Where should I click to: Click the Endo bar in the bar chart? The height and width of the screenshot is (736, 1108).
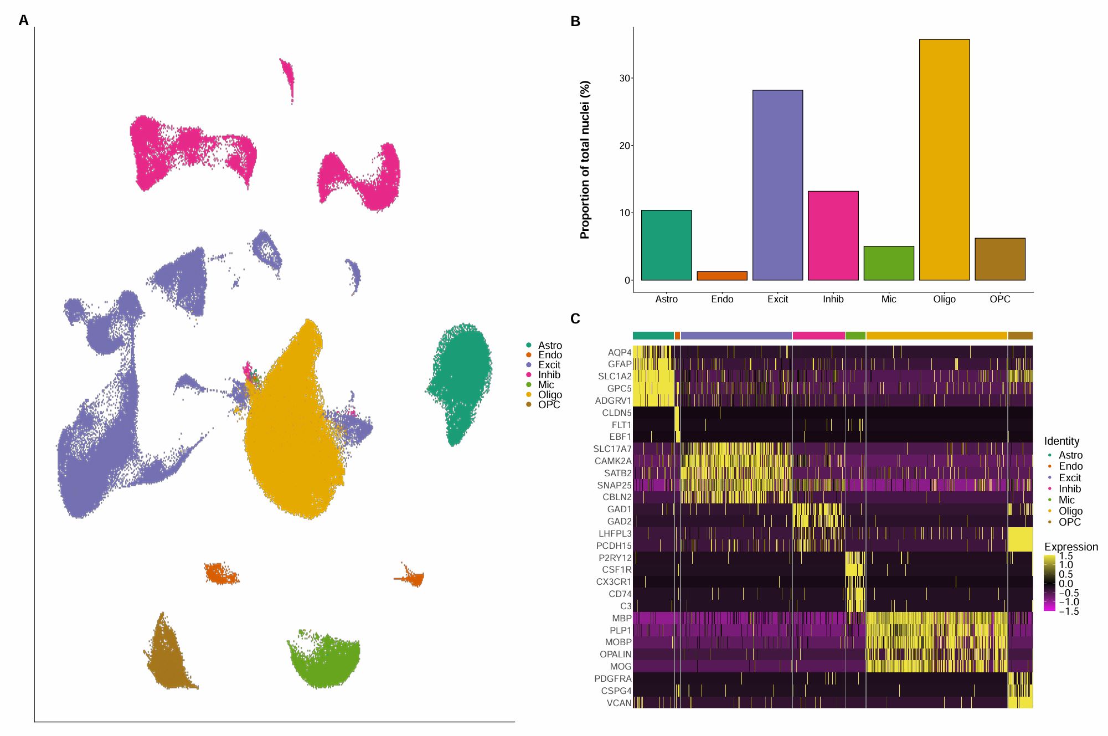[722, 276]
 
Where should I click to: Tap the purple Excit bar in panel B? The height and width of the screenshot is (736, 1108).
[777, 185]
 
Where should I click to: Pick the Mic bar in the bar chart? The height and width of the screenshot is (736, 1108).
[888, 263]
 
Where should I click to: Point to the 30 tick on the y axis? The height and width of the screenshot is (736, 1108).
[625, 79]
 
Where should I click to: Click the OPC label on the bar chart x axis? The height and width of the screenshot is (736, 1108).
[999, 299]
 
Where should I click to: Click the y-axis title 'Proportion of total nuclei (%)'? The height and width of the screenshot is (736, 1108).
[585, 160]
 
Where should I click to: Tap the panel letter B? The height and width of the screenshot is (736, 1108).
[575, 21]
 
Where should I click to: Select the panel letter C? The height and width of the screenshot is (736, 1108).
[575, 319]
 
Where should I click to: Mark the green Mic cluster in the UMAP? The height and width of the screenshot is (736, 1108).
[326, 662]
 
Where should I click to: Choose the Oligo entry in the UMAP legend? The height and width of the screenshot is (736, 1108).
[549, 395]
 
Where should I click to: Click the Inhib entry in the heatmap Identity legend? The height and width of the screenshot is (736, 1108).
[1069, 489]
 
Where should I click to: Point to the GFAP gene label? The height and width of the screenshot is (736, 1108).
[620, 364]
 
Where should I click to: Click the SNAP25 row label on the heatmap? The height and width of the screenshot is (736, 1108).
[614, 485]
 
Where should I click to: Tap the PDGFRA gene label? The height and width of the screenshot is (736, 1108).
[612, 678]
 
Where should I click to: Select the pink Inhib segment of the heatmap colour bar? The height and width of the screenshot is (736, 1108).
[818, 336]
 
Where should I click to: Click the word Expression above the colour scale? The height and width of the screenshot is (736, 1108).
[1071, 547]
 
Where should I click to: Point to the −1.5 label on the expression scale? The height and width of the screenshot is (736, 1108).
[1069, 612]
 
